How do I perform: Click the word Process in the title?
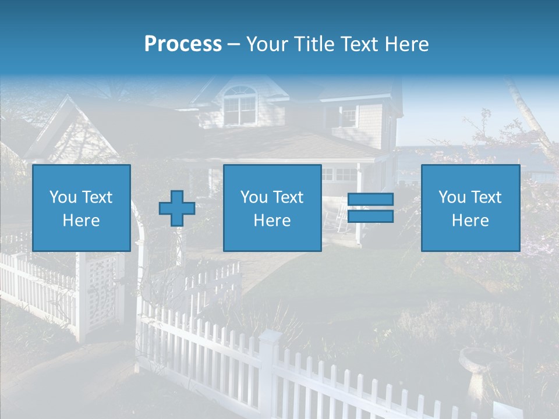[x=183, y=44]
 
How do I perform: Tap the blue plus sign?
[x=177, y=208]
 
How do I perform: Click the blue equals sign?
[x=370, y=208]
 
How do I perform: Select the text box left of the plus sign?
[x=82, y=208]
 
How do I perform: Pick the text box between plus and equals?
[x=272, y=208]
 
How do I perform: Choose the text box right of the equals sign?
[x=470, y=208]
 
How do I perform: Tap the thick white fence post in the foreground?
[x=269, y=372]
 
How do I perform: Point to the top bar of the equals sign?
[x=370, y=200]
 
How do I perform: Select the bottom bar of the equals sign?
[x=370, y=216]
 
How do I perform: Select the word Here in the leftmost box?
[x=82, y=221]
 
